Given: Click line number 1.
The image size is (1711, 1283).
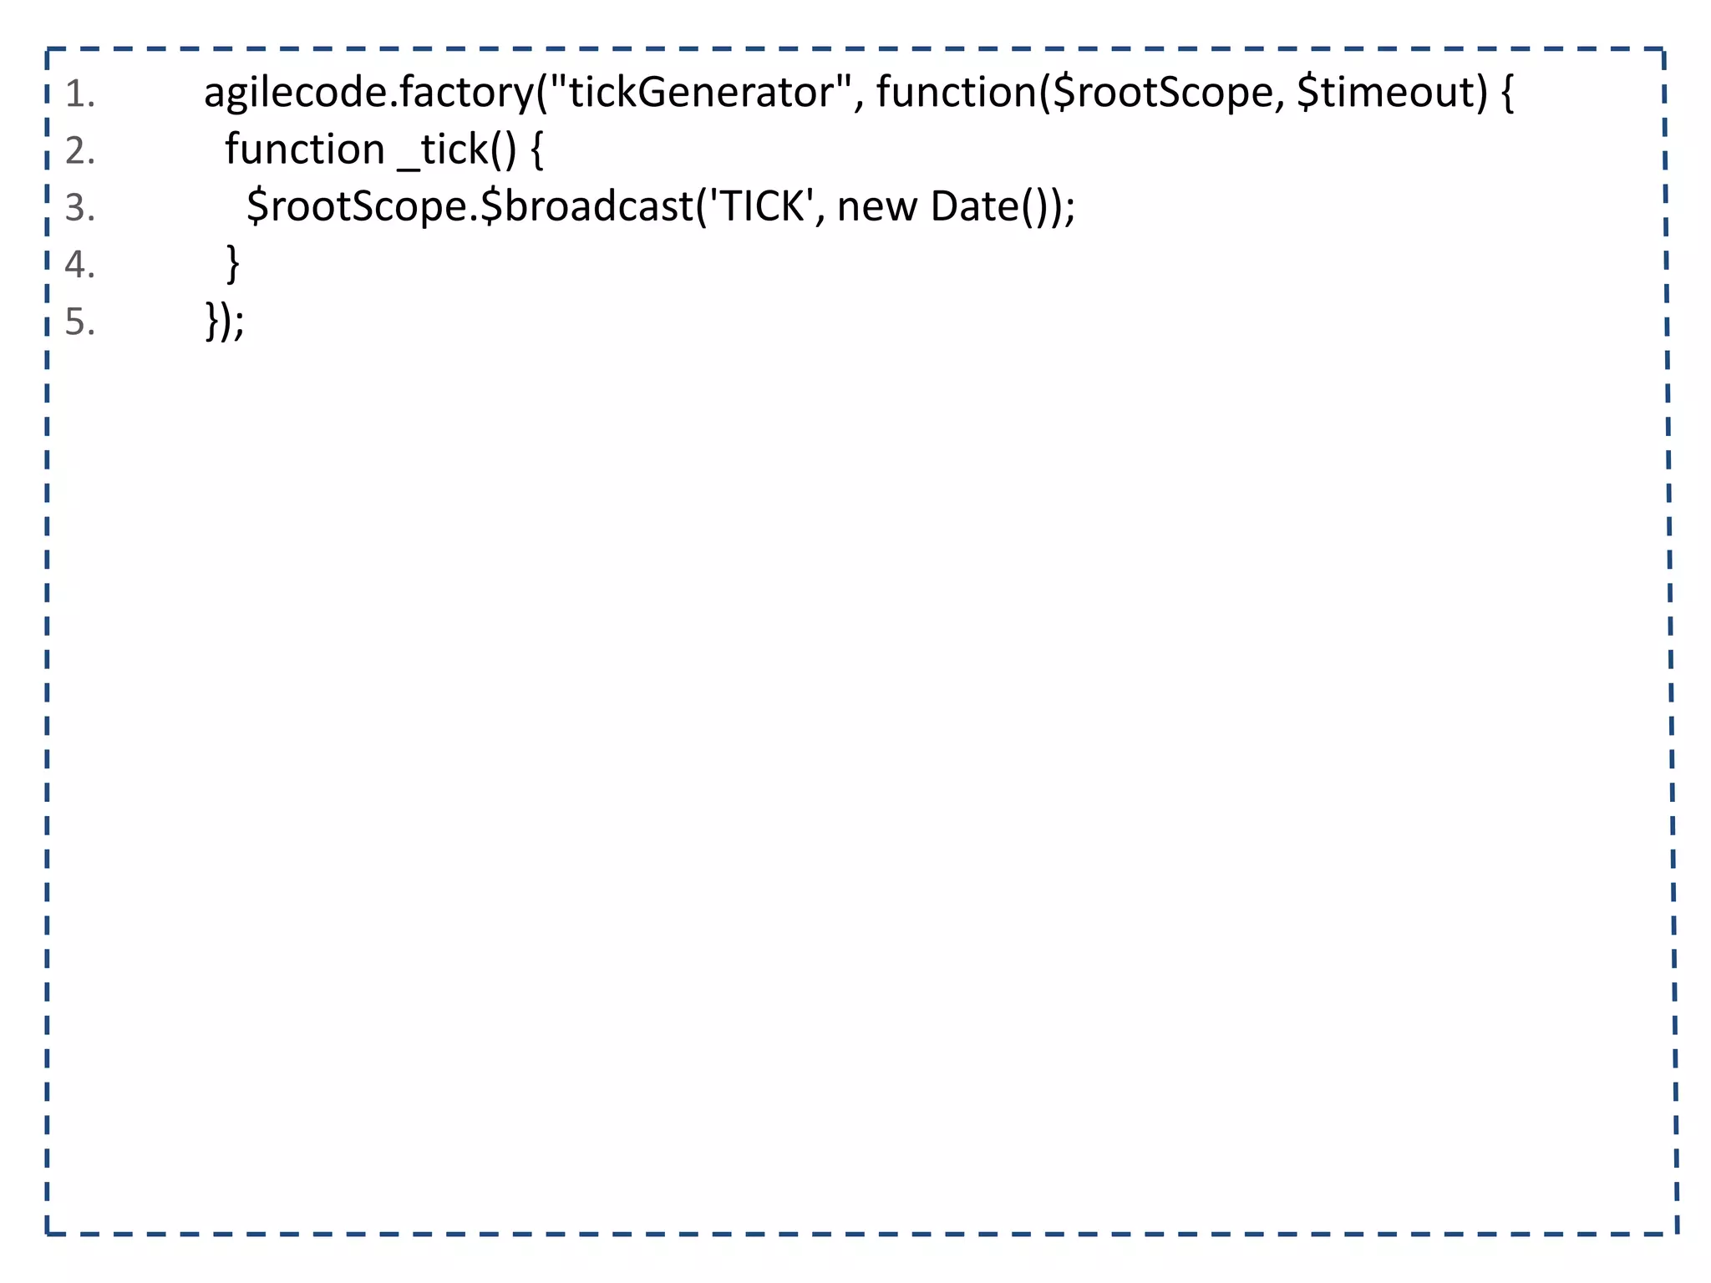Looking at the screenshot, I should [x=79, y=94].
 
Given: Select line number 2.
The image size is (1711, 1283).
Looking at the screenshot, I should [x=79, y=151].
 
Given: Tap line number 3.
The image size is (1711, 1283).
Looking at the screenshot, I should [x=79, y=208].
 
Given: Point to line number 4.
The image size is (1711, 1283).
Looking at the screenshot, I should [x=79, y=265].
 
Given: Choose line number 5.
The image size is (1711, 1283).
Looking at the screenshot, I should [x=79, y=322].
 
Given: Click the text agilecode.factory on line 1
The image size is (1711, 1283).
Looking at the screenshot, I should [x=368, y=93].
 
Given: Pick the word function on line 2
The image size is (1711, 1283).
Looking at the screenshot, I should [x=304, y=150].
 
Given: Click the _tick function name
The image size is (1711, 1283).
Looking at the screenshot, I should [x=443, y=151].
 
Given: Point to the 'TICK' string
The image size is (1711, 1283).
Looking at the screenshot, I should [x=760, y=205].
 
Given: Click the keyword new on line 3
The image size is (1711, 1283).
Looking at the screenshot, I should [x=876, y=207].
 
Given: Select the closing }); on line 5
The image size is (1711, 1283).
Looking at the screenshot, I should [x=225, y=321].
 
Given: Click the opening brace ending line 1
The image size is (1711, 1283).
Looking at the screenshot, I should [x=1507, y=93].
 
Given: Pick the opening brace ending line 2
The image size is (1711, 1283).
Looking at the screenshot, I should [x=536, y=150].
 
